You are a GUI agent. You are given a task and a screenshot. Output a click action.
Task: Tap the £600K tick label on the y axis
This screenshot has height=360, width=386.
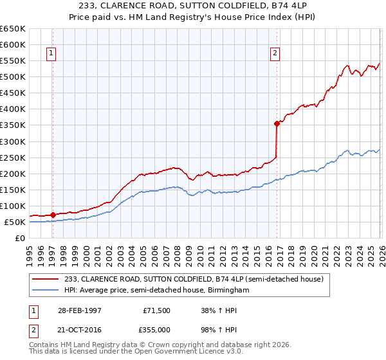click(13, 45)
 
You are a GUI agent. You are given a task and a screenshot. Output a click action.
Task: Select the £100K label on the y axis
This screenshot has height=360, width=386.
click(13, 206)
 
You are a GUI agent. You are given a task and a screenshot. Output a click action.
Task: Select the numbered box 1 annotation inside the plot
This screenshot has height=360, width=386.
click(51, 54)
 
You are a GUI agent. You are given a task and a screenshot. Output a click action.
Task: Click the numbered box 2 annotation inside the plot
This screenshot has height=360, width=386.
click(275, 54)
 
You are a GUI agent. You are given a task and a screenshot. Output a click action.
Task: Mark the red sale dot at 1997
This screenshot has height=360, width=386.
click(53, 215)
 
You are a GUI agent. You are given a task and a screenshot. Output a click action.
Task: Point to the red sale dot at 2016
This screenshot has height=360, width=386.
click(276, 123)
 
